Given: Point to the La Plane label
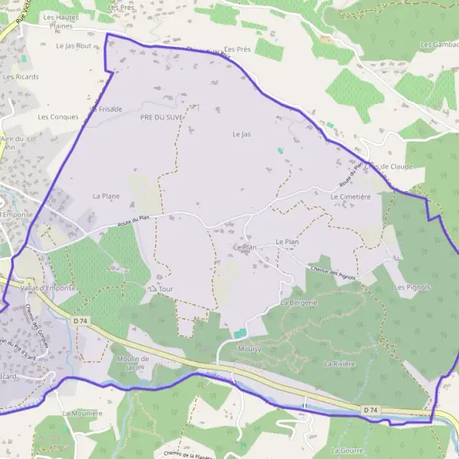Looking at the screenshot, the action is pyautogui.click(x=106, y=196).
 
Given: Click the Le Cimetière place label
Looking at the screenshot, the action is pyautogui.click(x=350, y=197).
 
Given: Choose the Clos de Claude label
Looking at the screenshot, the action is pyautogui.click(x=389, y=166).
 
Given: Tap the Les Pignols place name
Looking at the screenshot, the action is pyautogui.click(x=412, y=287).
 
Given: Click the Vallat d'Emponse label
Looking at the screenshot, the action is pyautogui.click(x=49, y=288).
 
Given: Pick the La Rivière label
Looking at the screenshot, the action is pyautogui.click(x=340, y=363).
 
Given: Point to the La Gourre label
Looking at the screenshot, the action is pyautogui.click(x=347, y=451).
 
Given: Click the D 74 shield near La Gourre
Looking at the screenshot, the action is pyautogui.click(x=370, y=411).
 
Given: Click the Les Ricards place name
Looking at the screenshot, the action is pyautogui.click(x=21, y=76).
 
